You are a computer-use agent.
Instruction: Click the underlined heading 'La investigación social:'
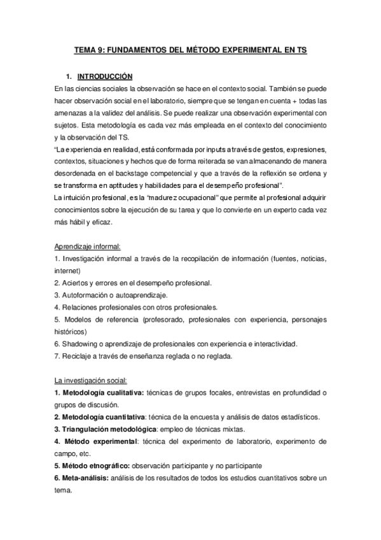(x=91, y=381)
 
